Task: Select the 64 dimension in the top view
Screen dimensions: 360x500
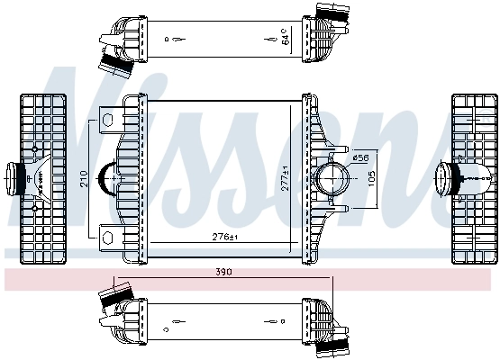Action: [x=286, y=38]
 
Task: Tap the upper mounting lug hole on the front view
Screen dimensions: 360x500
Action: [x=107, y=117]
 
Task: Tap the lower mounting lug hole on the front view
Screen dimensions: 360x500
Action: [x=107, y=237]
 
